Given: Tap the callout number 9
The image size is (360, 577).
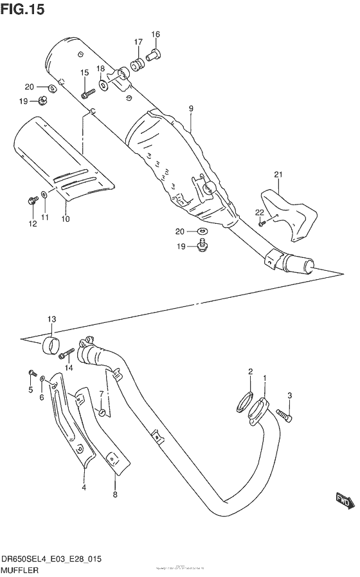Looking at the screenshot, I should (191, 109).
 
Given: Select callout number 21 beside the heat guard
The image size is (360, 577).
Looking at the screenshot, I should (278, 174).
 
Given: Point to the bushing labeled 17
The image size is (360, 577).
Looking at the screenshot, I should (137, 65).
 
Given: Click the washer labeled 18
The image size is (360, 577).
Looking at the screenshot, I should (104, 84).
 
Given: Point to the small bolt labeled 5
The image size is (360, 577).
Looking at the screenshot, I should (30, 373).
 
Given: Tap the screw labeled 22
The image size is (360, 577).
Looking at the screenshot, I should (261, 223).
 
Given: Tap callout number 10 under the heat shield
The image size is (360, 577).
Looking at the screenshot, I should (66, 219).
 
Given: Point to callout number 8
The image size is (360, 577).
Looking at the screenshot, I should (115, 495).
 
